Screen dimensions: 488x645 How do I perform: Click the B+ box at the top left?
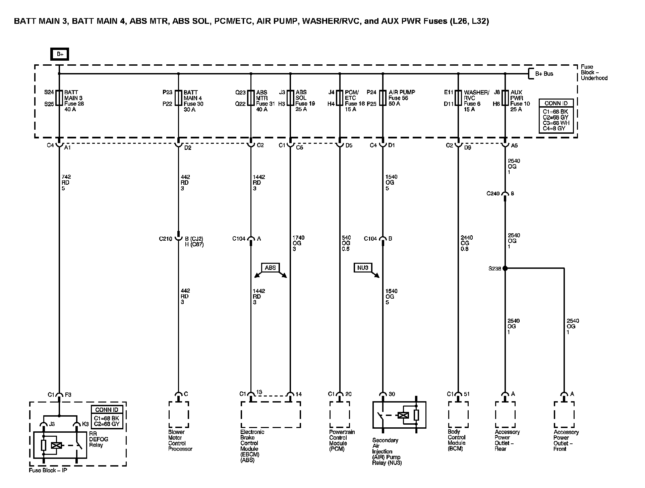pyautogui.click(x=60, y=54)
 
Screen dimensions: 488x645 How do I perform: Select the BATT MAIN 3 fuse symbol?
pyautogui.click(x=59, y=98)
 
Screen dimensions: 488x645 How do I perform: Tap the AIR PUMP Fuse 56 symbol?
pyautogui.click(x=383, y=98)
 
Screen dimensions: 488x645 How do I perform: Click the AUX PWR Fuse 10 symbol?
pyautogui.click(x=505, y=98)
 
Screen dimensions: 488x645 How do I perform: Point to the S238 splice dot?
pyautogui.click(x=505, y=268)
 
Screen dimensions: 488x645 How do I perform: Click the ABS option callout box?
pyautogui.click(x=270, y=267)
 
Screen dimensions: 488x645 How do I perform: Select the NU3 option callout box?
pyautogui.click(x=363, y=267)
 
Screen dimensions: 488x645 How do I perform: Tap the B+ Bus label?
pyautogui.click(x=544, y=74)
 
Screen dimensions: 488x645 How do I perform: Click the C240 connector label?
pyautogui.click(x=493, y=194)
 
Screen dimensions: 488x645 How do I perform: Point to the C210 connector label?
pyautogui.click(x=166, y=239)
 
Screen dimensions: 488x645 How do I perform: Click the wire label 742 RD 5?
pyautogui.click(x=66, y=183)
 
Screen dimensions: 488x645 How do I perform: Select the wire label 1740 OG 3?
pyautogui.click(x=298, y=243)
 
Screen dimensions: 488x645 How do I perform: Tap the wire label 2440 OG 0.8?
pyautogui.click(x=467, y=243)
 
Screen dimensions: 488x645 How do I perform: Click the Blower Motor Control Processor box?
pyautogui.click(x=179, y=415)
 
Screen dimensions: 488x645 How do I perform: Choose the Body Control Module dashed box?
pyautogui.click(x=458, y=415)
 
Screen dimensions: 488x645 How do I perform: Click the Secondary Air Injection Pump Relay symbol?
pyautogui.click(x=399, y=415)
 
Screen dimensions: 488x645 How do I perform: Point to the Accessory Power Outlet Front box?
pyautogui.click(x=564, y=415)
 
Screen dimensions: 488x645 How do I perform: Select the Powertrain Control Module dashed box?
pyautogui.click(x=340, y=415)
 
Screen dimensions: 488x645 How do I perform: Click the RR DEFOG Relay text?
pyautogui.click(x=99, y=439)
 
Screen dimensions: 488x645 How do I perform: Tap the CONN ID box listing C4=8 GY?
pyautogui.click(x=556, y=116)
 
